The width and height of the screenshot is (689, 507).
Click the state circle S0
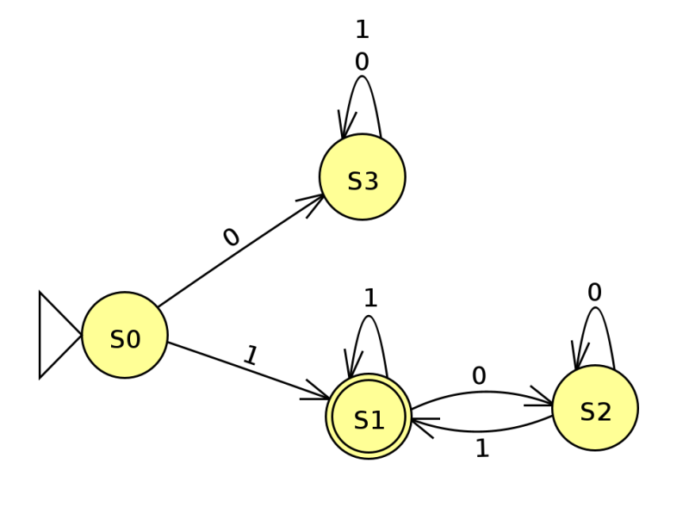[x=125, y=335]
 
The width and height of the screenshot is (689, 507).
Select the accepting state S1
[x=369, y=417]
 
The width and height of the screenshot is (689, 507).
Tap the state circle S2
[x=595, y=408]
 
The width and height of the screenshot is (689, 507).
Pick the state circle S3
[x=363, y=177]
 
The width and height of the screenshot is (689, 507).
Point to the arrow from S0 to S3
[x=241, y=250]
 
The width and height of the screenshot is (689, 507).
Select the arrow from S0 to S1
[x=249, y=371]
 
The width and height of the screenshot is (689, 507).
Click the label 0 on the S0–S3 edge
[x=232, y=238]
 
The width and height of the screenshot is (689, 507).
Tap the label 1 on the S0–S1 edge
[x=251, y=356]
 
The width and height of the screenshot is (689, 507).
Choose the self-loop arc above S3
[x=362, y=77]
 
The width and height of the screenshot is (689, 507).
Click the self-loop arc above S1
[x=369, y=316]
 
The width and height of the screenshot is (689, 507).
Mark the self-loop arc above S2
[x=595, y=308]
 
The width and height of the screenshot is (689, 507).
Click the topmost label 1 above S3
[x=362, y=30]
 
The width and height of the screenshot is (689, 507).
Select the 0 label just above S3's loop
[x=362, y=61]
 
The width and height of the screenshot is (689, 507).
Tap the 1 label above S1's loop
[x=370, y=299]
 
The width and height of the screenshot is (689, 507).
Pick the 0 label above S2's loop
[x=594, y=292]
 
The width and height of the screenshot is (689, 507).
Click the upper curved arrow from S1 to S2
[x=482, y=392]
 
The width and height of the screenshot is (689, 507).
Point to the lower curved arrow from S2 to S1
[x=481, y=430]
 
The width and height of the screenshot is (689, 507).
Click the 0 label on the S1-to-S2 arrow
[x=479, y=376]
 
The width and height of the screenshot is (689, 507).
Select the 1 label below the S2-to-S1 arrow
[x=482, y=448]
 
